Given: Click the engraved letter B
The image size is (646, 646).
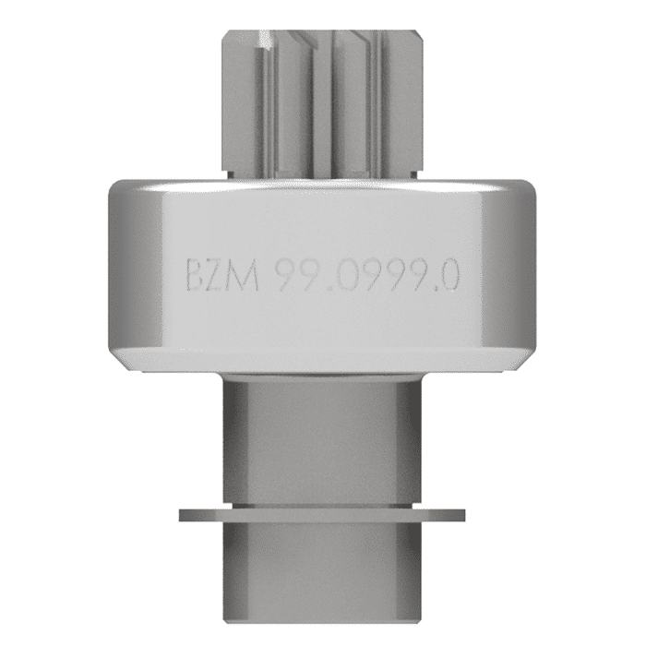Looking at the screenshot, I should click(x=196, y=276).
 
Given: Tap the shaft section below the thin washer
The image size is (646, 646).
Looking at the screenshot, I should click(x=323, y=572).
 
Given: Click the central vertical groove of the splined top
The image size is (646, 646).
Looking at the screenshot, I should click(x=322, y=102).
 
